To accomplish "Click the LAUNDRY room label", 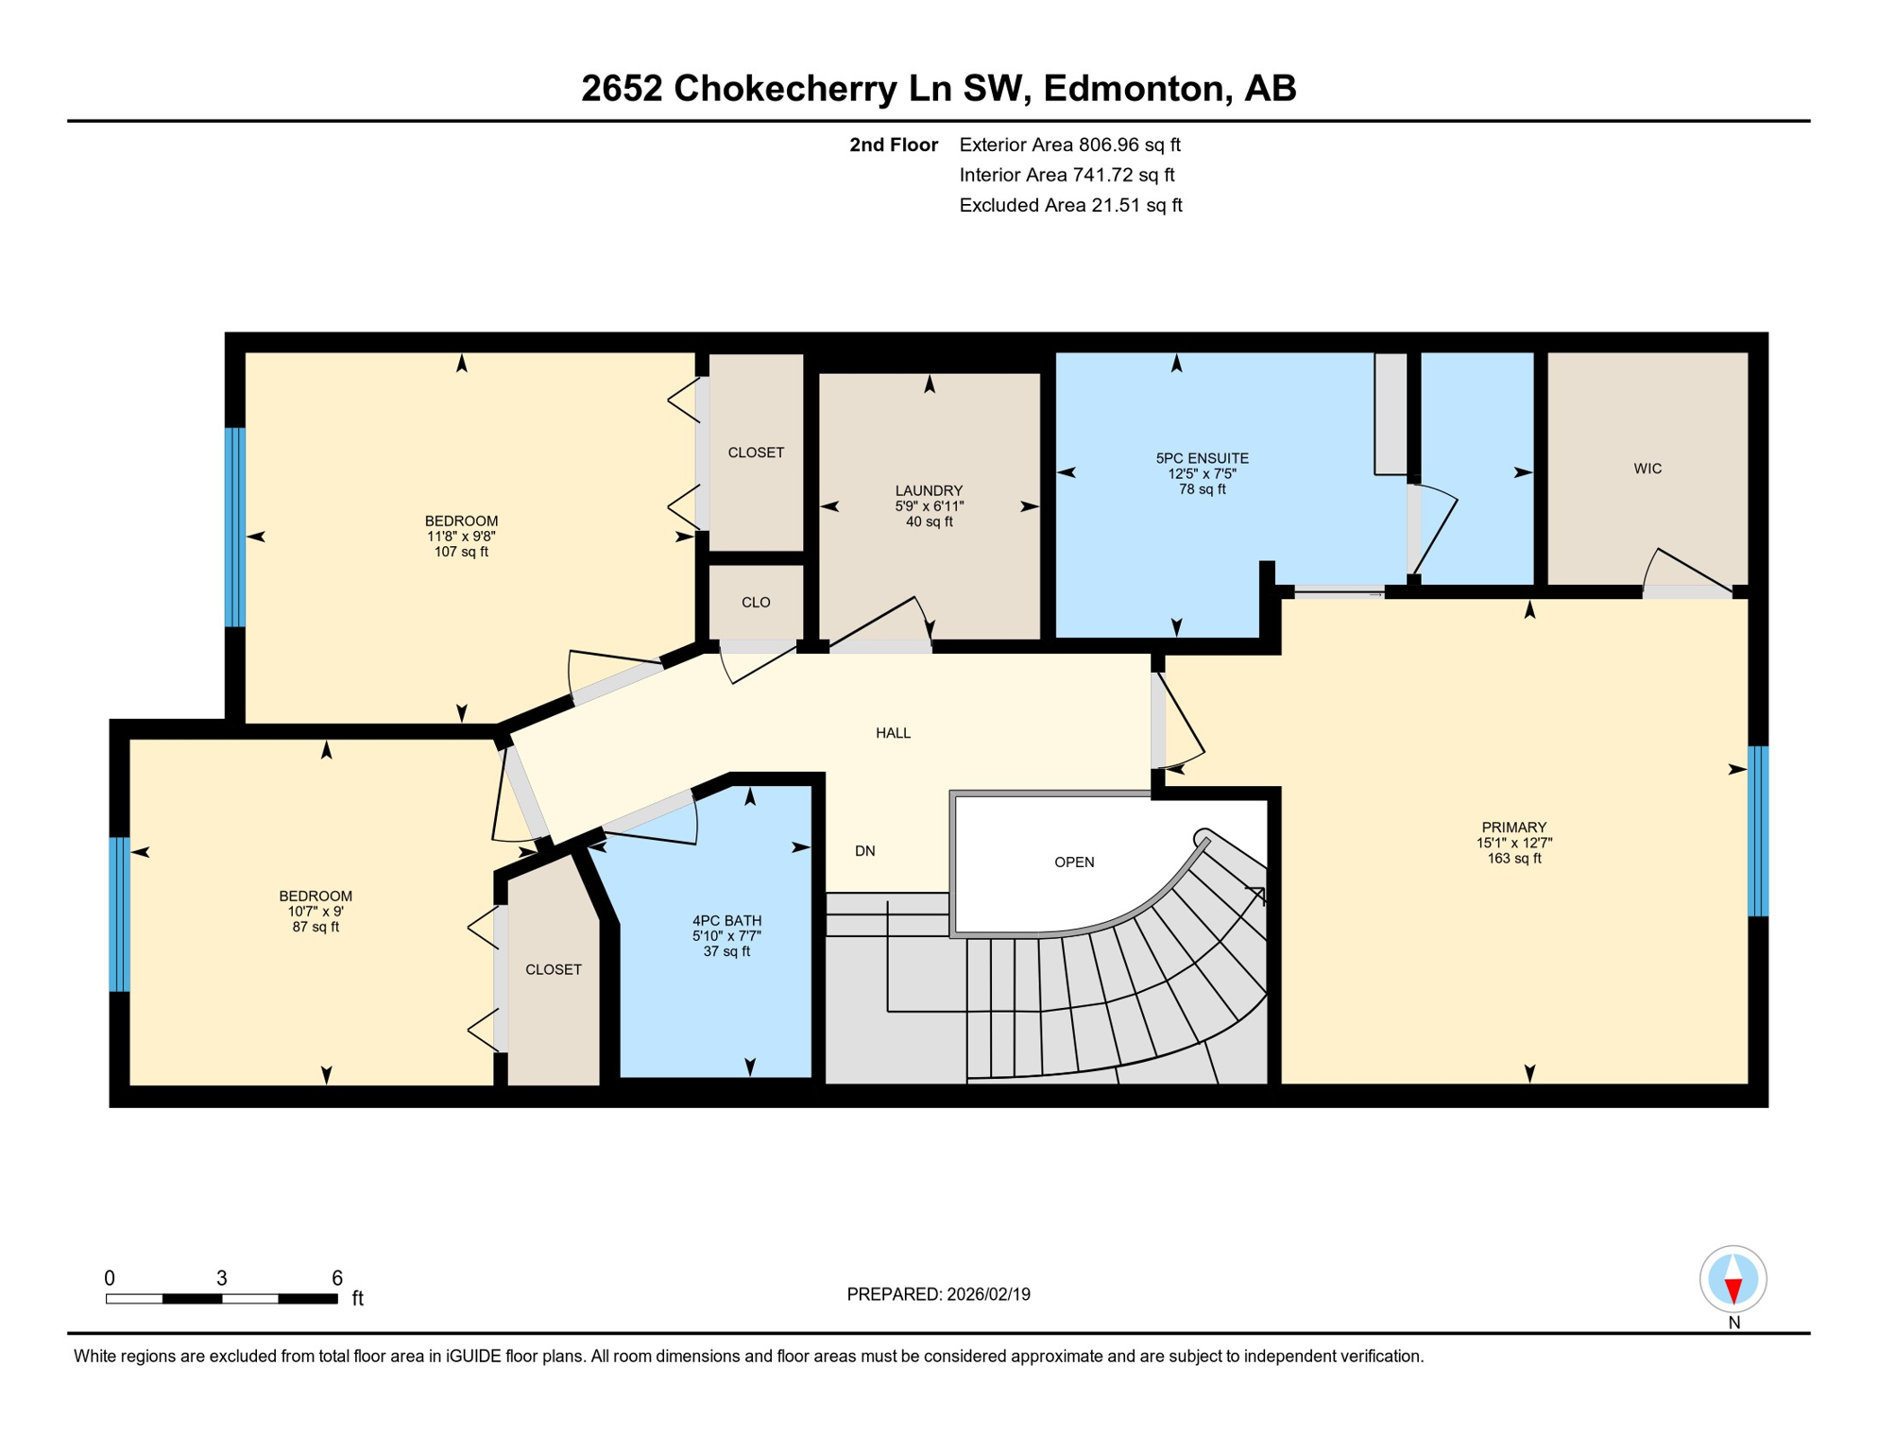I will click(x=929, y=490).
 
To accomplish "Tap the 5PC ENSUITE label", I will click(x=1202, y=458).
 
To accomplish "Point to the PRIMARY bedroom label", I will click(x=1513, y=828).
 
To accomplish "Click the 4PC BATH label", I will click(x=726, y=920).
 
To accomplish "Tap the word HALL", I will click(x=893, y=733).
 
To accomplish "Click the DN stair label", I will click(x=864, y=851).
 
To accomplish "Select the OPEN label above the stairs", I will click(x=1074, y=862).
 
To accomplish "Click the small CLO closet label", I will click(x=756, y=603).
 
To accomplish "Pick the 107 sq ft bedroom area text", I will click(x=461, y=552).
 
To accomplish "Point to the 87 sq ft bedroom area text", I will click(x=316, y=927).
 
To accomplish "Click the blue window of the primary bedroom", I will click(x=1757, y=831).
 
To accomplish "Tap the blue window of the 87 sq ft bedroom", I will click(x=119, y=914).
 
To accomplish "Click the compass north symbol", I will click(x=1733, y=1280).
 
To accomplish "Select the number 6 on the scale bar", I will click(x=336, y=1278).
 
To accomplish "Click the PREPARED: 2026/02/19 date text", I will click(x=938, y=1294).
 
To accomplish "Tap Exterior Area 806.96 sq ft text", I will click(x=1069, y=145).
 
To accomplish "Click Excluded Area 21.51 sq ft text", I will click(x=1069, y=205).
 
